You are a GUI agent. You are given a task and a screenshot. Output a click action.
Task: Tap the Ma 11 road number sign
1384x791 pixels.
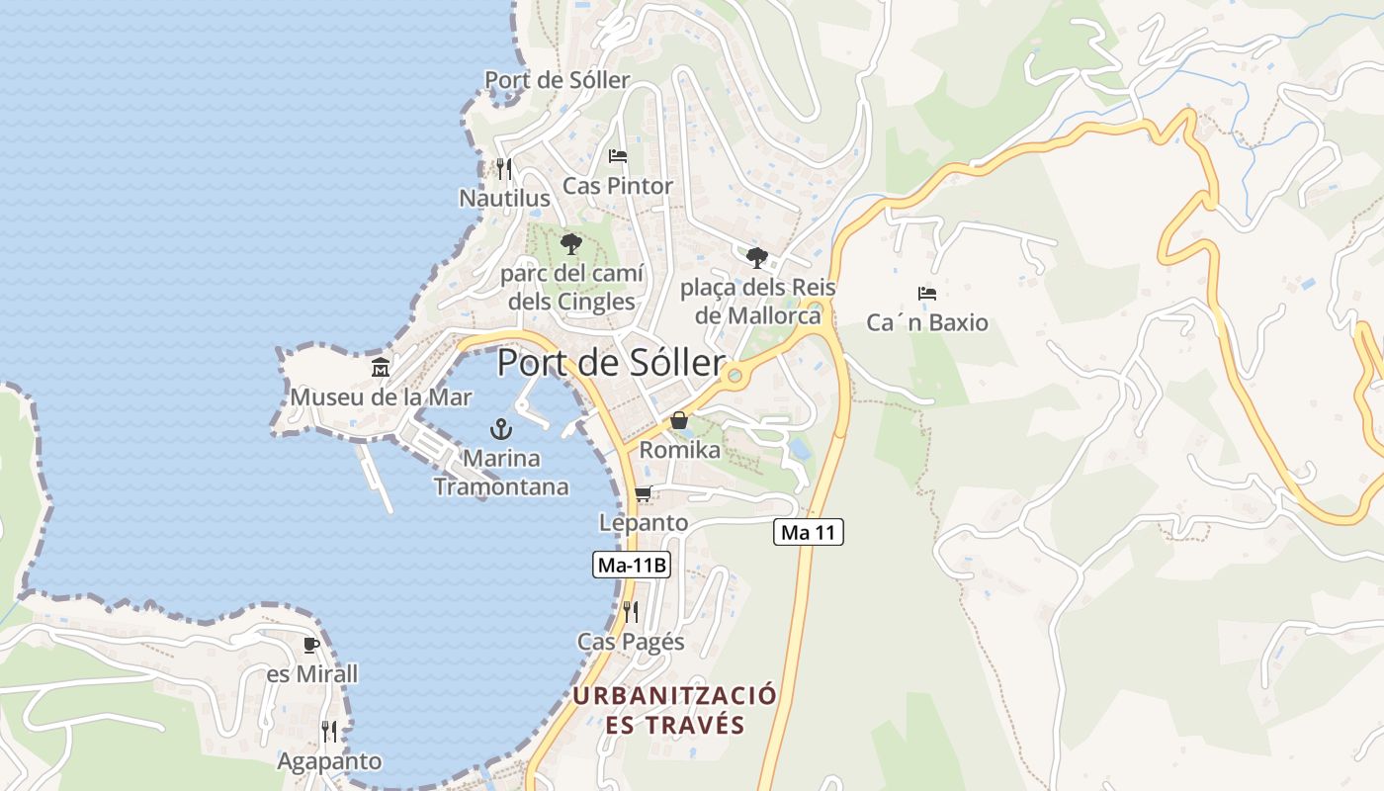pyautogui.click(x=808, y=533)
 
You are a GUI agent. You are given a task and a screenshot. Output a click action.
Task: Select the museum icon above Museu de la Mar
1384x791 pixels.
pyautogui.click(x=381, y=368)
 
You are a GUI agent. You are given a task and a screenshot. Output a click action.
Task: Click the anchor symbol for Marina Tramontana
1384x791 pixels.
pyautogui.click(x=501, y=429)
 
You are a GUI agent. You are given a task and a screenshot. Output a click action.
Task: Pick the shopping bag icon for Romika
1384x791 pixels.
pyautogui.click(x=679, y=421)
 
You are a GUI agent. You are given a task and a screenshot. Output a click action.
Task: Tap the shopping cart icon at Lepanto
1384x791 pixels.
pyautogui.click(x=643, y=493)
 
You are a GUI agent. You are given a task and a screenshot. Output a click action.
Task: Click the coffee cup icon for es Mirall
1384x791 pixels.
pyautogui.click(x=311, y=646)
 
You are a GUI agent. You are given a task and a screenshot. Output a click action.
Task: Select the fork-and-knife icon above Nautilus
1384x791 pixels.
pyautogui.click(x=504, y=169)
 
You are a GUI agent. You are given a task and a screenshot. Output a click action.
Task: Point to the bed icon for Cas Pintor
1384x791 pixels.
pyautogui.click(x=618, y=156)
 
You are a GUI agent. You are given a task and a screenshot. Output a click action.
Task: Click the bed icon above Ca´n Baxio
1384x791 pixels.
pyautogui.click(x=926, y=294)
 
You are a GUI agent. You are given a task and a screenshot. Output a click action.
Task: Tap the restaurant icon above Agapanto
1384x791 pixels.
pyautogui.click(x=329, y=732)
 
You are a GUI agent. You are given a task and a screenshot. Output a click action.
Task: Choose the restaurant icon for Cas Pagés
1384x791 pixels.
pyautogui.click(x=631, y=612)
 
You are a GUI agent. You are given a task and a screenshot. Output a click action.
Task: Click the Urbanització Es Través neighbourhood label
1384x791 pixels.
pyautogui.click(x=675, y=710)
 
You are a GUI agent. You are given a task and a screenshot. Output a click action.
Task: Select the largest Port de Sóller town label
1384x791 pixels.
pyautogui.click(x=611, y=363)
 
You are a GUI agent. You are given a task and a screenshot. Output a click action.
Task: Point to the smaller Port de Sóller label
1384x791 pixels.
pyautogui.click(x=557, y=80)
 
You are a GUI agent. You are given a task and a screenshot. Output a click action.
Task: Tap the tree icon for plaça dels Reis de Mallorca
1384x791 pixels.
pyautogui.click(x=757, y=258)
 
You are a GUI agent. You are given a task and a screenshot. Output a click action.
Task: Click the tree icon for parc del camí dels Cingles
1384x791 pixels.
pyautogui.click(x=571, y=243)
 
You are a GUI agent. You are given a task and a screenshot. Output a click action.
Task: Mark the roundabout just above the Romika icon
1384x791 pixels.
pyautogui.click(x=734, y=376)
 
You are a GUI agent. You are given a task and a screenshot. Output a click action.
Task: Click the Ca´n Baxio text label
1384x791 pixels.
pyautogui.click(x=927, y=323)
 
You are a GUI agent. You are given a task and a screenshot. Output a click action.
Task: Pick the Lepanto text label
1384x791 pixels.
pyautogui.click(x=644, y=522)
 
